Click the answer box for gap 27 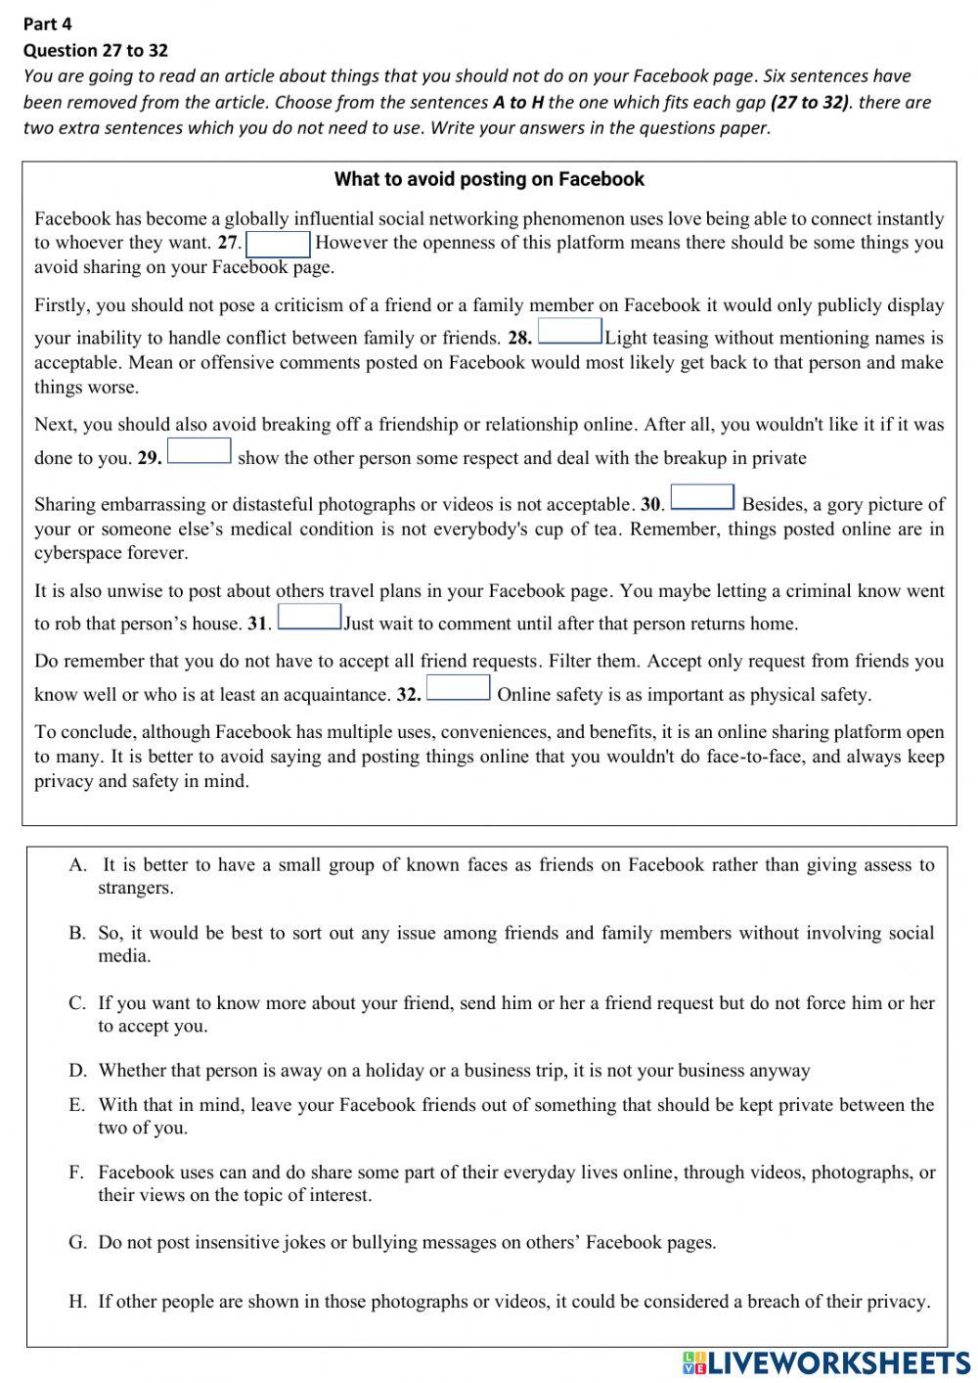coord(278,244)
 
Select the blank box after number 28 coord(570,332)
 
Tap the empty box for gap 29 coord(200,451)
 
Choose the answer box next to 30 coord(702,498)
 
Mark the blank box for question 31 coord(309,618)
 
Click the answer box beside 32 coord(458,688)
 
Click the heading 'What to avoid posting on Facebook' coord(489,179)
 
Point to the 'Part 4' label coord(47,23)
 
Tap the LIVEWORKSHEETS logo coord(826,1362)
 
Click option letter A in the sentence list coord(78,865)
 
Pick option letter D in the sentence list coord(78,1071)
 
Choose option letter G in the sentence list coord(78,1243)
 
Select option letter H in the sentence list coord(78,1302)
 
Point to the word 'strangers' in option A coord(135,889)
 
